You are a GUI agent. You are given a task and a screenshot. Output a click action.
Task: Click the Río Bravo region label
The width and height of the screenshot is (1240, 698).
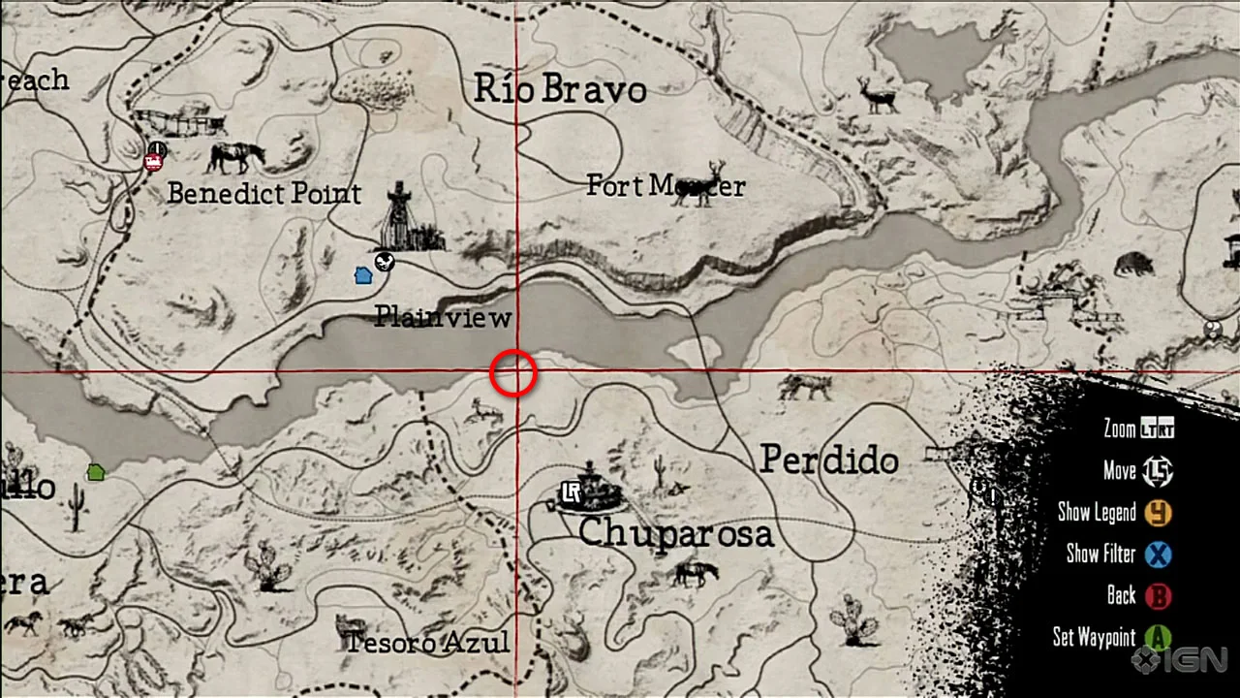pos(560,89)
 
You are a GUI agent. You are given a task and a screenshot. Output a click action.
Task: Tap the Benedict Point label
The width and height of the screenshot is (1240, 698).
pos(263,193)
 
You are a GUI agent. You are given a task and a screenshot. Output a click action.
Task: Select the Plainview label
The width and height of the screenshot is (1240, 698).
pos(443,317)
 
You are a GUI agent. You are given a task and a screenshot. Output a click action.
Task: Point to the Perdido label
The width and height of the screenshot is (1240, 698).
pos(828,460)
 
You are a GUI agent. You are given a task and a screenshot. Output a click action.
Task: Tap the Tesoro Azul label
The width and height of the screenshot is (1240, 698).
pos(427,642)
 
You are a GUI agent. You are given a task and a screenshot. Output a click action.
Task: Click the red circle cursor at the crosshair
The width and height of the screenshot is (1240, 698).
pos(513,373)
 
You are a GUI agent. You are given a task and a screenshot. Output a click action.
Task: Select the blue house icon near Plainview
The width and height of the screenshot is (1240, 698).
pos(363,275)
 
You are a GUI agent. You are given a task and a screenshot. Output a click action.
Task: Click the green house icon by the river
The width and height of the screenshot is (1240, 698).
pos(95,472)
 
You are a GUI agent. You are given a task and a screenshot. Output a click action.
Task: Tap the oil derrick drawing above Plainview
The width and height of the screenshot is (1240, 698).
pos(400,217)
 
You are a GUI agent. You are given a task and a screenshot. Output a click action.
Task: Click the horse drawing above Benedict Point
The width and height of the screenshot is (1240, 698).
pos(235,155)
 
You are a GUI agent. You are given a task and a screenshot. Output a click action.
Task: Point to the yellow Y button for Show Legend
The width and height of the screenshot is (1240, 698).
pos(1158,512)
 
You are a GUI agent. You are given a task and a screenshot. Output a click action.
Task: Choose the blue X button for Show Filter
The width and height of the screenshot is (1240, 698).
pos(1158,555)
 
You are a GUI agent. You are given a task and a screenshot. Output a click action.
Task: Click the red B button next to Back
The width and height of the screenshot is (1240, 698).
pos(1158,595)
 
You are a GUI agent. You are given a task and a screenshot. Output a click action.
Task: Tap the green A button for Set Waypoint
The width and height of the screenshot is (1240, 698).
pos(1158,638)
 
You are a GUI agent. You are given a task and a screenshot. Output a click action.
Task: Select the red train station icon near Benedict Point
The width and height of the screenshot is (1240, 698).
pos(152,161)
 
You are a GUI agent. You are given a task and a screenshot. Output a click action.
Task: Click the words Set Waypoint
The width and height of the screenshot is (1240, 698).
pos(1094,637)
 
